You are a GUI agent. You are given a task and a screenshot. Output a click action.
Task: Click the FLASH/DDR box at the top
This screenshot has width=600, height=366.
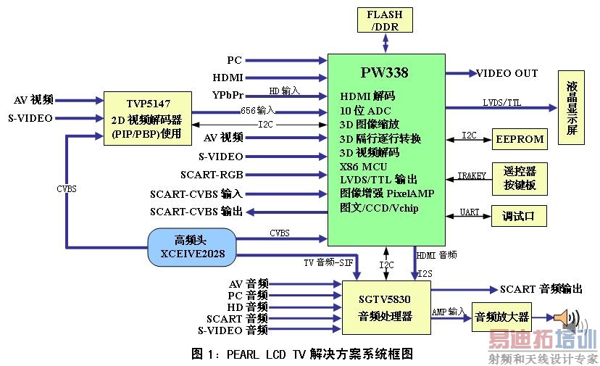click(x=384, y=20)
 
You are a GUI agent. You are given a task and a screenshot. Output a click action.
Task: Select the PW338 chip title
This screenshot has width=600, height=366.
click(x=384, y=72)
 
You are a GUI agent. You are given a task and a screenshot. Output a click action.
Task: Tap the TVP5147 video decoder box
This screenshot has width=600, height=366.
click(x=147, y=118)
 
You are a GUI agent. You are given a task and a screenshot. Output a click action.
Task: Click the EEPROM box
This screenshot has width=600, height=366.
click(x=520, y=138)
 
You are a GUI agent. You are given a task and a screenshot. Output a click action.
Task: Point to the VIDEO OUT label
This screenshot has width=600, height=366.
click(x=507, y=73)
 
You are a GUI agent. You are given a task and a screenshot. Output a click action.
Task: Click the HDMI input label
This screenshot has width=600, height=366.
click(x=228, y=78)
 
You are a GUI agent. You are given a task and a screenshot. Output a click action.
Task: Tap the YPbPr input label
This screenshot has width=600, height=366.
click(x=228, y=95)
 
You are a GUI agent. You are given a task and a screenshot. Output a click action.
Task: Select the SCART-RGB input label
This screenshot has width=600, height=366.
click(x=211, y=175)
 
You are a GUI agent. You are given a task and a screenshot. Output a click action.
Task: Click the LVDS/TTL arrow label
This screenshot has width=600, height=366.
click(x=501, y=103)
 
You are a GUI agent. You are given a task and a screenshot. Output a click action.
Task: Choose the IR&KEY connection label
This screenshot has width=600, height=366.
click(x=472, y=175)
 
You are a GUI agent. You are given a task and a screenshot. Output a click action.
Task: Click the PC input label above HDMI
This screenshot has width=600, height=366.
click(x=234, y=60)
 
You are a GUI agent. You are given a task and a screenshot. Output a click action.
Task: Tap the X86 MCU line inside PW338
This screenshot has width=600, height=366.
click(x=364, y=166)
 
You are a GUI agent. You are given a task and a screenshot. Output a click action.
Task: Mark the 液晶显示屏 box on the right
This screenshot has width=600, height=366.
click(x=572, y=108)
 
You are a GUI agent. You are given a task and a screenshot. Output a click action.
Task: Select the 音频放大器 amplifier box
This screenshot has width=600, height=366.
click(x=501, y=317)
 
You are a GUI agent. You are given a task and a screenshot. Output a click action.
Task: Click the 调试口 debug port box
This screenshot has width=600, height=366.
click(x=520, y=216)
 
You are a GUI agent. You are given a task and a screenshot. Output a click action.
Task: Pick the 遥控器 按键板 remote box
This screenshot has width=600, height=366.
click(x=520, y=178)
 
